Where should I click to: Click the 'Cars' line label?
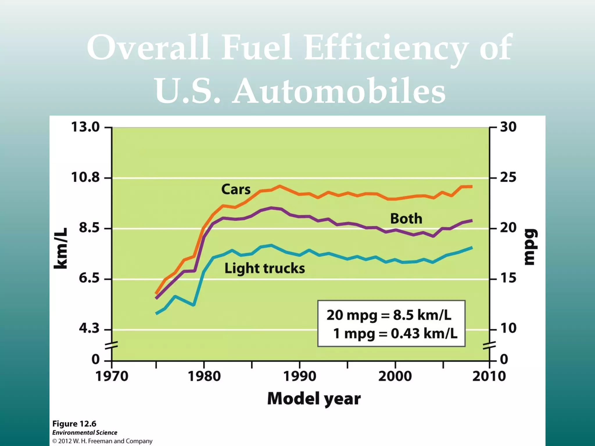point(236,190)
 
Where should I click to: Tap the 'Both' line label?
point(406,219)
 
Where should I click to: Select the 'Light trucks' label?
point(264,268)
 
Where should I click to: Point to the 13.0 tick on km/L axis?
point(85,127)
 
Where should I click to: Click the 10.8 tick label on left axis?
point(85,177)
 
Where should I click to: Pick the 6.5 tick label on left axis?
point(89,278)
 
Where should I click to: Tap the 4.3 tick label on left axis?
point(89,329)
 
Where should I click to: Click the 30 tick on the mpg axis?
point(508,127)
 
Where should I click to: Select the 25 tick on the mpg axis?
point(508,177)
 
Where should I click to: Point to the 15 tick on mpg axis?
point(508,278)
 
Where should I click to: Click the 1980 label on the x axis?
point(204,377)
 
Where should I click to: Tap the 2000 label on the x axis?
point(395,377)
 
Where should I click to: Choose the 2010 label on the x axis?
point(489,377)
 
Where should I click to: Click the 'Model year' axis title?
point(314,399)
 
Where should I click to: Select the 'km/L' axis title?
point(61,249)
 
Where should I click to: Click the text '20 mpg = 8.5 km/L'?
point(389,315)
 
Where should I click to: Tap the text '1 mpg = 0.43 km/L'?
point(395,334)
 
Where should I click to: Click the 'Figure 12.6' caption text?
point(74,424)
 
